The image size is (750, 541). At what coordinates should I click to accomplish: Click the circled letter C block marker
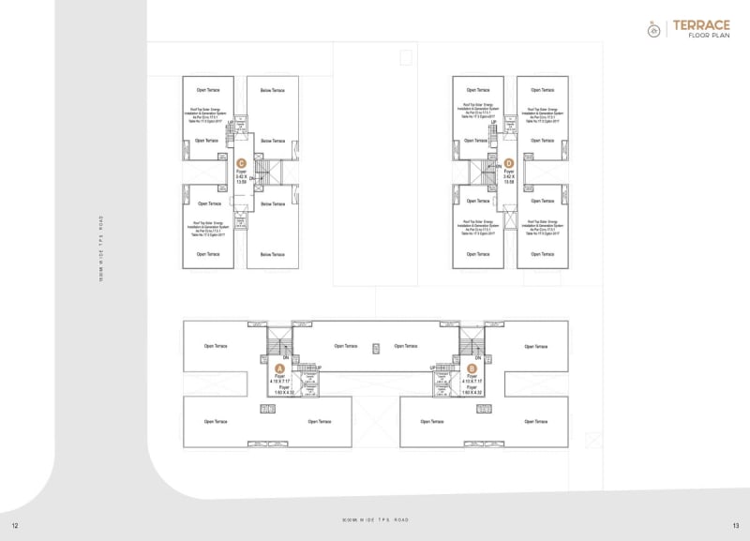(241, 163)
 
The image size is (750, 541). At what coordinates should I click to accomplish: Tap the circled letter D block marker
(510, 163)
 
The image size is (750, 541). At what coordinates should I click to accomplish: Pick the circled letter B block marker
(472, 368)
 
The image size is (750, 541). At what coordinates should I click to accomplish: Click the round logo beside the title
(654, 29)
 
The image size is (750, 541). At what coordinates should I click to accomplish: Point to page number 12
(15, 524)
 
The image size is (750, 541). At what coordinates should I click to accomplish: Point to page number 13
(735, 524)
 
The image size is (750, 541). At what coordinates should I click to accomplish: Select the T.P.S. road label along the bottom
(375, 519)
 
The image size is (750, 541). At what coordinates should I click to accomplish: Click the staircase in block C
(262, 172)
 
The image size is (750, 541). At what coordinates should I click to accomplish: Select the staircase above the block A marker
(279, 341)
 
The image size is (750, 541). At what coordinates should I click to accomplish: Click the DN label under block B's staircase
(477, 357)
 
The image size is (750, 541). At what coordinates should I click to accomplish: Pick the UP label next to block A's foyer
(319, 368)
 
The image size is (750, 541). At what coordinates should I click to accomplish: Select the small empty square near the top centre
(405, 58)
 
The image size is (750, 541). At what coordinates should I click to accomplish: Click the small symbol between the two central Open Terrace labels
(375, 345)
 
